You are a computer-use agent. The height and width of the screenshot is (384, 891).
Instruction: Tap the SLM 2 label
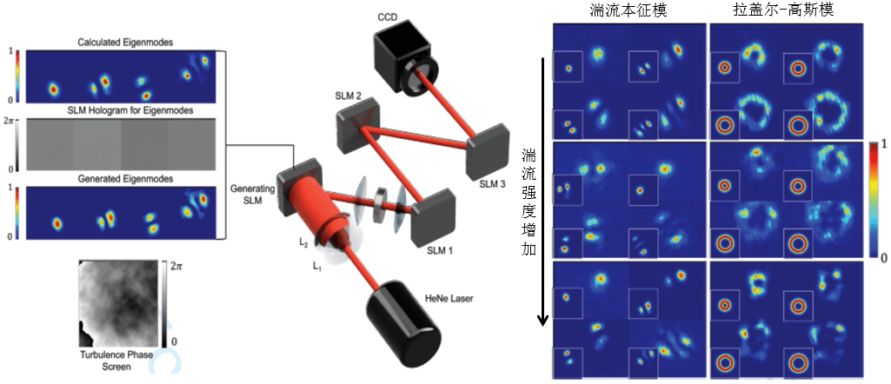pyautogui.click(x=347, y=95)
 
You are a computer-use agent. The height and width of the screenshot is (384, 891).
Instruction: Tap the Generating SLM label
pyautogui.click(x=253, y=194)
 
